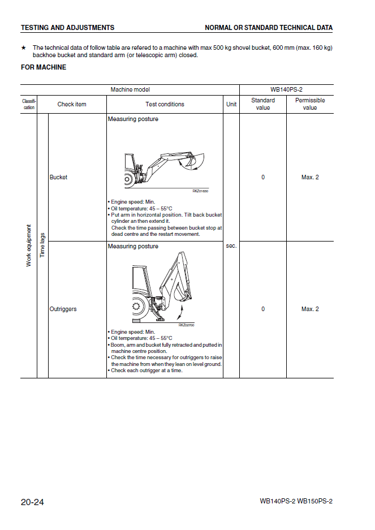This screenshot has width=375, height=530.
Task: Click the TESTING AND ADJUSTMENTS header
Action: click(x=67, y=28)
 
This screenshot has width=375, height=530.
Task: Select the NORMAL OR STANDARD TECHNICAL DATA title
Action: click(x=269, y=28)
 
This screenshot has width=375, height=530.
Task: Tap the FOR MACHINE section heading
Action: click(x=44, y=67)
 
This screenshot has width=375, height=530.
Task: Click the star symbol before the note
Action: click(x=23, y=48)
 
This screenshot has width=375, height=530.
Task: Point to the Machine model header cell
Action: click(x=130, y=89)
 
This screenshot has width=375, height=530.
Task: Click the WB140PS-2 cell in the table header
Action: click(x=287, y=89)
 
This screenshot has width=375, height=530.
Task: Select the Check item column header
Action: click(x=72, y=104)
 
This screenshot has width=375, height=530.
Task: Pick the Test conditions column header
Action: click(x=165, y=104)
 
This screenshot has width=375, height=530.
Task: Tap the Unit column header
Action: click(x=231, y=104)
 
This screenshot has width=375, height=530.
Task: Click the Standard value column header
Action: click(x=263, y=104)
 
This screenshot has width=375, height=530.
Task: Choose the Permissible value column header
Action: click(x=310, y=104)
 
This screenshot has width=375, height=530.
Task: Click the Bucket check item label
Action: click(x=58, y=178)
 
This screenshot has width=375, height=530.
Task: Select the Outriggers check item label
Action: click(x=63, y=309)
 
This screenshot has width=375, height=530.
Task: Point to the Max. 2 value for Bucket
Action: click(x=310, y=178)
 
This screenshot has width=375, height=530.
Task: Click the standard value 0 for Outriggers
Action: click(x=263, y=309)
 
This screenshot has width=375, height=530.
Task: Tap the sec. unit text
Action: click(x=231, y=246)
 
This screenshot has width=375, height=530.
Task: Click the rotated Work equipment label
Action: click(x=29, y=245)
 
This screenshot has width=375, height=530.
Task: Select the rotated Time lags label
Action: click(x=42, y=245)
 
